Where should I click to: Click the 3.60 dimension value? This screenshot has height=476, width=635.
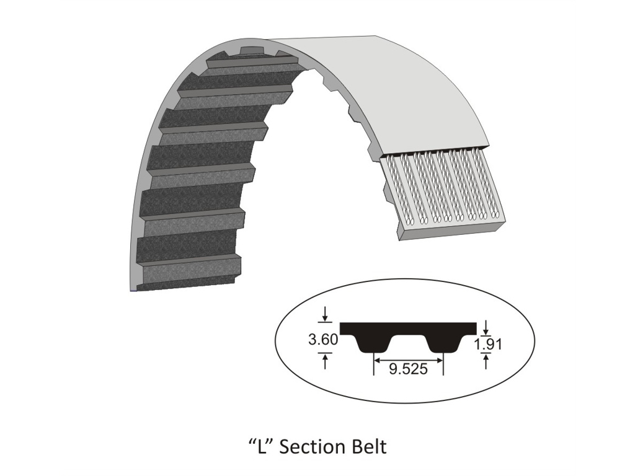pyautogui.click(x=323, y=339)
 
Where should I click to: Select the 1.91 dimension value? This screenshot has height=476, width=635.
pyautogui.click(x=488, y=345)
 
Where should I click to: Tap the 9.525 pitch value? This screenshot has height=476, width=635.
pyautogui.click(x=408, y=369)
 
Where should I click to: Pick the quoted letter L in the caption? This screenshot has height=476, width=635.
pyautogui.click(x=261, y=446)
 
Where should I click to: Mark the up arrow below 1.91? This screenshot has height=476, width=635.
pyautogui.click(x=486, y=361)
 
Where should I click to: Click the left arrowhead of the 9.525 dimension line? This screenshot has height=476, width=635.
pyautogui.click(x=376, y=359)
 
